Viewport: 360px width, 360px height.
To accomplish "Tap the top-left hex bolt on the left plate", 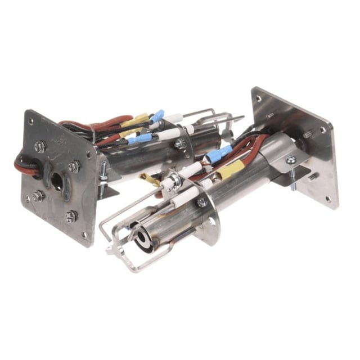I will [39, 146].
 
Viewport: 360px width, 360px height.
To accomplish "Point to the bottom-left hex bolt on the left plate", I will [37, 196].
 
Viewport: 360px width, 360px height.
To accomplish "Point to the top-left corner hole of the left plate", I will [30, 120].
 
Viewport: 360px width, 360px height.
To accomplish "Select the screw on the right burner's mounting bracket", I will [291, 160].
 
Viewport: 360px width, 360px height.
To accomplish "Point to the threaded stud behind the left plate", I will [103, 169].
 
